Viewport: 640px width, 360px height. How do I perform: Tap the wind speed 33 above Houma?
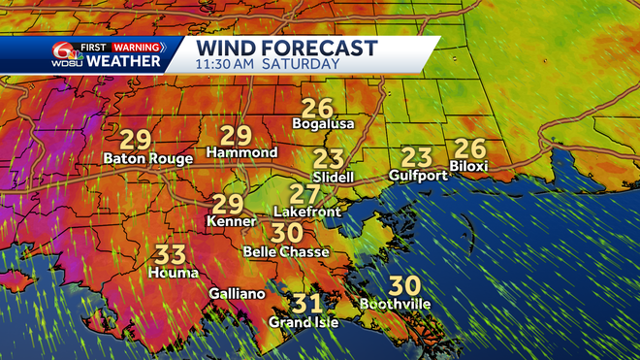pyautogui.click(x=172, y=255)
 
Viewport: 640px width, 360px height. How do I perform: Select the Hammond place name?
pyautogui.click(x=242, y=153)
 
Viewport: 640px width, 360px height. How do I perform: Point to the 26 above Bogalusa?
pyautogui.click(x=316, y=108)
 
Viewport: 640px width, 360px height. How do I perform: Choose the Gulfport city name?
pyautogui.click(x=416, y=176)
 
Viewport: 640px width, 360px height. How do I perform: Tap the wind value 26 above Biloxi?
pyautogui.click(x=468, y=148)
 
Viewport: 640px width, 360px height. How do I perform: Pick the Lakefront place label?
pyautogui.click(x=304, y=211)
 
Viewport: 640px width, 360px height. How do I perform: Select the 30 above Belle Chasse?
pyautogui.click(x=287, y=234)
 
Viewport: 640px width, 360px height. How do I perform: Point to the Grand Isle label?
pyautogui.click(x=304, y=322)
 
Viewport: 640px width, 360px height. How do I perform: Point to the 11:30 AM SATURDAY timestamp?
pyautogui.click(x=268, y=64)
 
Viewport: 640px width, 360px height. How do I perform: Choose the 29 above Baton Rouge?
pyautogui.click(x=137, y=137)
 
